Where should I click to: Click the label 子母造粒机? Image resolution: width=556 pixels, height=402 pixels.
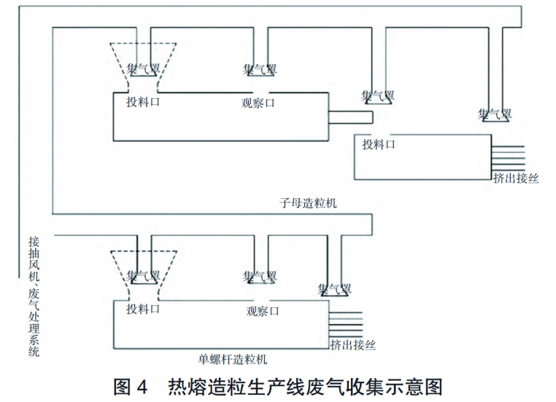308,202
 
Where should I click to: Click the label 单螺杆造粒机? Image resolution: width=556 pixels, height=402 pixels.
233,359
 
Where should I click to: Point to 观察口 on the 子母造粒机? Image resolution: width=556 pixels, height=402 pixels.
259,103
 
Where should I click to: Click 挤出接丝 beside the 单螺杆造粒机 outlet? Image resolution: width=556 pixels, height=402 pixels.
353,344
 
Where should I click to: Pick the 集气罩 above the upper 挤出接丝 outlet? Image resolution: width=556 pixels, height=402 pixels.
495,114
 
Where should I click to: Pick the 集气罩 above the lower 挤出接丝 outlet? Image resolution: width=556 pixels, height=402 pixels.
334,289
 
